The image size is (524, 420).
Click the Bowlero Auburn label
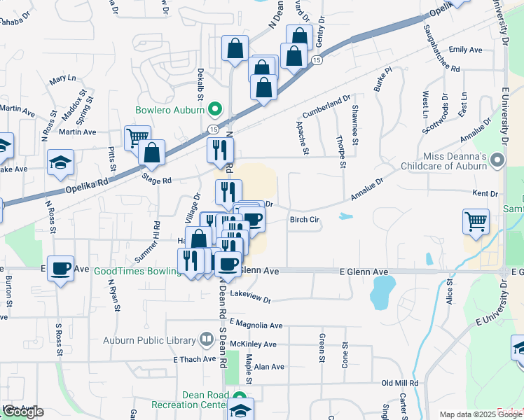170,111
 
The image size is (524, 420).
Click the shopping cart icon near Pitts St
137,138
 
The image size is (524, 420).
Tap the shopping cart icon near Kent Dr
476,221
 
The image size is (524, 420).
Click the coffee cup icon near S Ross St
60,267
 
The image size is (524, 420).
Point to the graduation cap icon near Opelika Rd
61,162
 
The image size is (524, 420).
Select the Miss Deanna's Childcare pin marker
497,160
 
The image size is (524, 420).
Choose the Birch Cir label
304,219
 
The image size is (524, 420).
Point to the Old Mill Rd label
399,384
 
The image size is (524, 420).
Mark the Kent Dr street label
485,193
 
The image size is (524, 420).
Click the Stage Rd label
157,181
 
